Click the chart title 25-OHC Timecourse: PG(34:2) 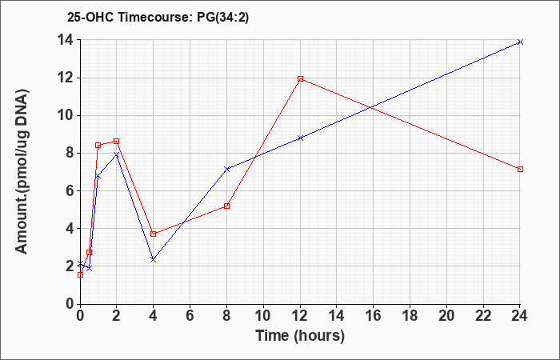point(158,18)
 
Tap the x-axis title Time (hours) point(300,336)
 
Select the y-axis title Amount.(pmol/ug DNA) point(22,171)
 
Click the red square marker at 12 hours point(300,78)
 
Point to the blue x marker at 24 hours point(520,42)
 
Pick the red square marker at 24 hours point(520,169)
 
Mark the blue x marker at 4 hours point(154,260)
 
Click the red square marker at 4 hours point(154,234)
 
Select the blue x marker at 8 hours point(226,169)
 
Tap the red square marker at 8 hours point(226,206)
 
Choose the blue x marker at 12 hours point(300,138)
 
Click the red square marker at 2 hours point(117,141)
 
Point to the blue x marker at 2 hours point(117,154)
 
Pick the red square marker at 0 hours point(80,274)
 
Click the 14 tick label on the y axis point(67,40)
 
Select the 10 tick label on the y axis point(67,115)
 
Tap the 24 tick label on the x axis point(519,315)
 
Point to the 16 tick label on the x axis point(373,315)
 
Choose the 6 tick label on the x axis point(190,315)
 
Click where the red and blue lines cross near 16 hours point(371,107)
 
